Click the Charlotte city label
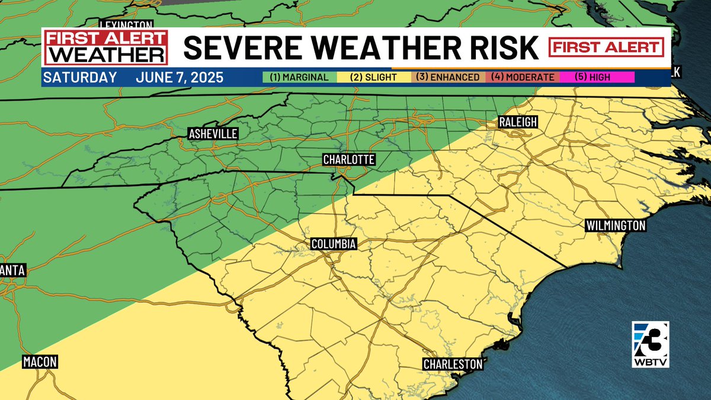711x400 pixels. (x=348, y=159)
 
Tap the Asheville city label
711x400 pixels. (x=213, y=134)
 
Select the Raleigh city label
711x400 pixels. (x=517, y=122)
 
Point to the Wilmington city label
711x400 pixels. (x=615, y=226)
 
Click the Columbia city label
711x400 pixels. (x=334, y=244)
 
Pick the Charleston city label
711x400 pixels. (x=453, y=364)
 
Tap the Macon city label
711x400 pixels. (x=40, y=361)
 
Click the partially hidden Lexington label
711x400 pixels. (x=126, y=24)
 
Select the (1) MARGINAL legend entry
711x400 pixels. (x=299, y=77)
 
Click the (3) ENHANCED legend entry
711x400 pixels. (x=448, y=77)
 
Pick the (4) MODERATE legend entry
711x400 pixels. (x=523, y=77)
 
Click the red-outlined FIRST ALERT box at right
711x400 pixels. (x=606, y=47)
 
